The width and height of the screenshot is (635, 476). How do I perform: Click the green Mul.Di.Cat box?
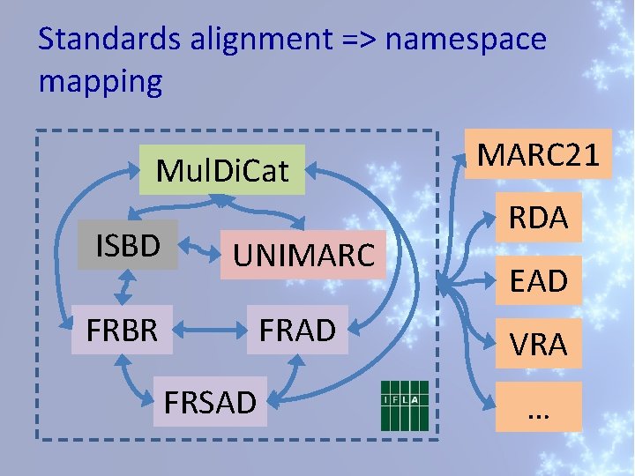(222, 169)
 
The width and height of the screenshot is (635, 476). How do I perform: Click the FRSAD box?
(210, 402)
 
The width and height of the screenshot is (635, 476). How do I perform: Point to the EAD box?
(538, 281)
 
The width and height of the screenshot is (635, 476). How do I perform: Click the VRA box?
(538, 344)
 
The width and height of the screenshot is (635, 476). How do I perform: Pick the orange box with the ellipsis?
(538, 406)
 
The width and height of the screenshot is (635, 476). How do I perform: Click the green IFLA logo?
(404, 406)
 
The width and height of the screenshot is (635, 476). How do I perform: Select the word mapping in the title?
(101, 81)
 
